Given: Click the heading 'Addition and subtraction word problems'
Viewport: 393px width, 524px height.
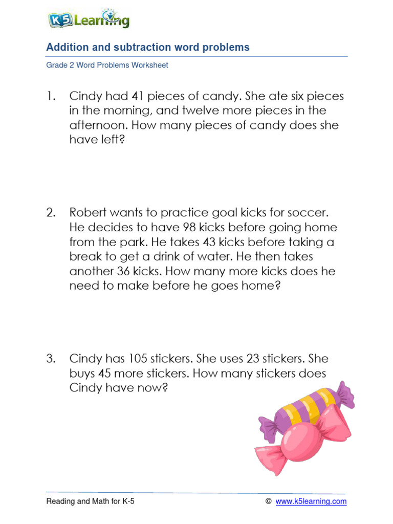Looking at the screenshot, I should tap(148, 48).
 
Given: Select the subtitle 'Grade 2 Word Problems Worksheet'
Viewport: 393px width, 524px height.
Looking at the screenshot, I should tap(107, 65).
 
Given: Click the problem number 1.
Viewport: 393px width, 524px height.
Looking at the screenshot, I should tap(50, 96).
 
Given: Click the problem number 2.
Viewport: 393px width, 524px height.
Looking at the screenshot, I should tap(51, 212).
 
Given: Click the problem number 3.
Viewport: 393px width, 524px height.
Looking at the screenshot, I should tap(51, 359).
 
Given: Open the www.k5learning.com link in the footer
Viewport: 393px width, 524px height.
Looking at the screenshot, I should tap(311, 501).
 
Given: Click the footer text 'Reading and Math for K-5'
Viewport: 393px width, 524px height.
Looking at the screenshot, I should tap(91, 501).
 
